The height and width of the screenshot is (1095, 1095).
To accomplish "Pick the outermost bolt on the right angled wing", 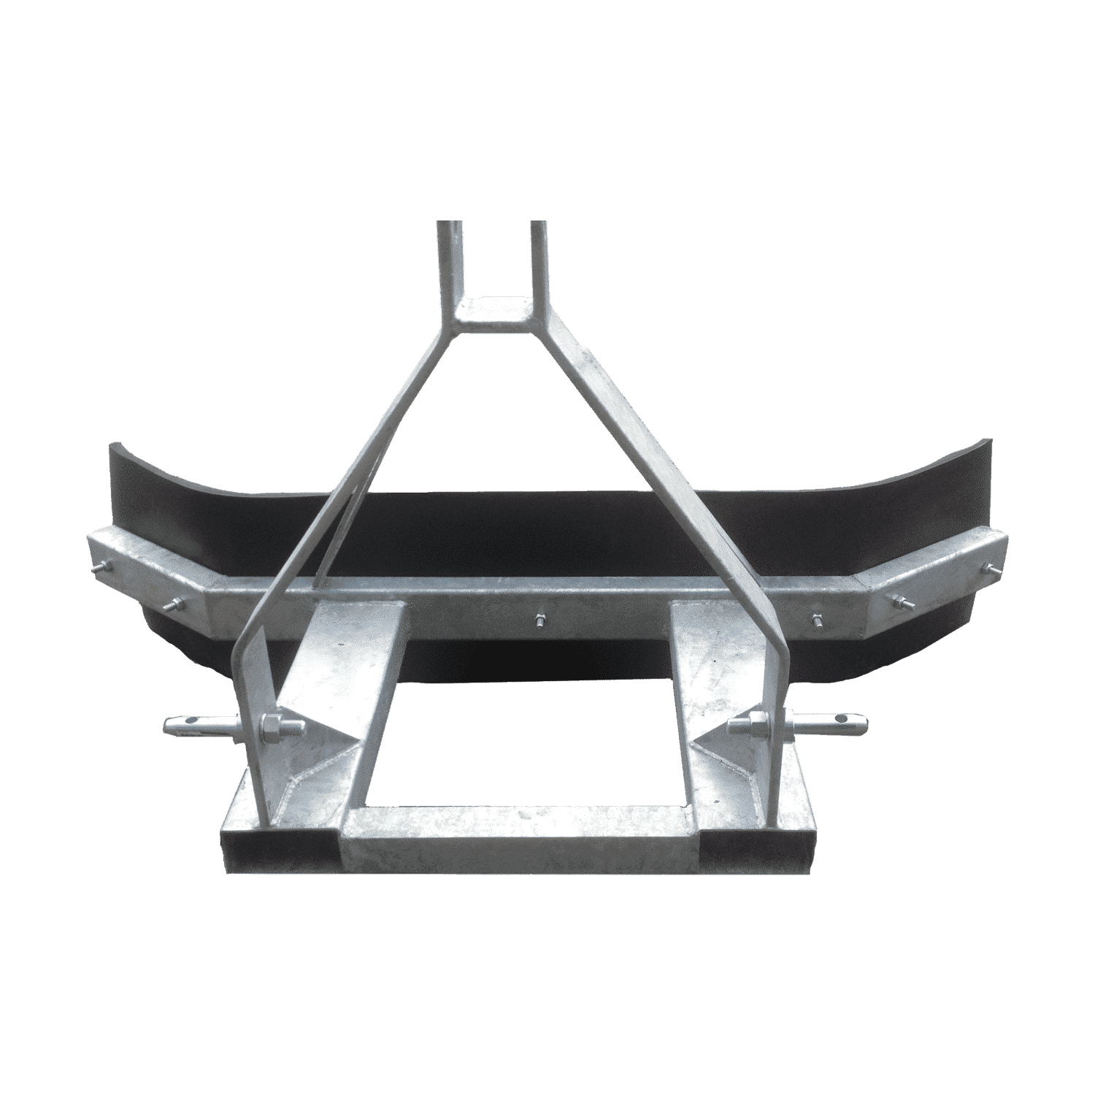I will tap(991, 570).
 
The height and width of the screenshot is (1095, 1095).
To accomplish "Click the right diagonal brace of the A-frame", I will tap(642, 467).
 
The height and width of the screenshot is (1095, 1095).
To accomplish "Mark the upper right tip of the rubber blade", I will tap(989, 442).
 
